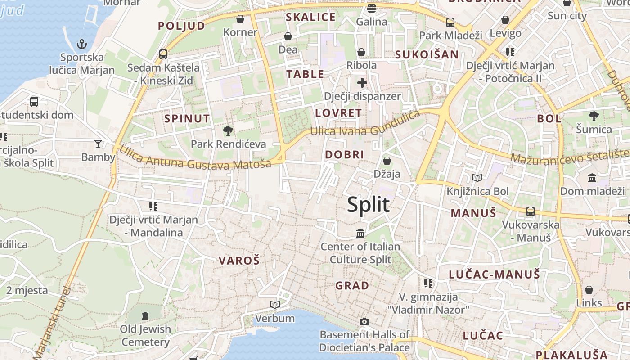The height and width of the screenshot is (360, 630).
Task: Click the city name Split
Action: point(368,205)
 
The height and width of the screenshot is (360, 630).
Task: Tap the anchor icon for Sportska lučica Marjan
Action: point(81,44)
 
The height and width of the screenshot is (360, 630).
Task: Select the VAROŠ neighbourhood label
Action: point(239,260)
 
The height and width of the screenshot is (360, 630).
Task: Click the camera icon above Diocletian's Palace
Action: point(364,321)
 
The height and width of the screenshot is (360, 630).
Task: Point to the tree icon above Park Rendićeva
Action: point(228,131)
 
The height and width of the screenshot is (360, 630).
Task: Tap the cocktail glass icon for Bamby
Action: point(98,144)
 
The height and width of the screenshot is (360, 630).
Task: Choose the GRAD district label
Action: point(352,285)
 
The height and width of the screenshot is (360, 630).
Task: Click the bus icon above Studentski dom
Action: point(34,101)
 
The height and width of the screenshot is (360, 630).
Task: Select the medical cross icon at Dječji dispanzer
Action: point(362,83)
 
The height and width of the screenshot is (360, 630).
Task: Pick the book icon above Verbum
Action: point(274,305)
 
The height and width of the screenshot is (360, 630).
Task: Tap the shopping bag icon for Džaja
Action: point(387,161)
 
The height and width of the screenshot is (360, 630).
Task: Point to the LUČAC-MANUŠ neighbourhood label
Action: point(494,274)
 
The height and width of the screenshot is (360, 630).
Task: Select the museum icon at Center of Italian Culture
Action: point(360,233)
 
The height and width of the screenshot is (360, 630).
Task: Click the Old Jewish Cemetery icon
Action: point(145,315)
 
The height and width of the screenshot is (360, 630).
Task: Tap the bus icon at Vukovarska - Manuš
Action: point(531,211)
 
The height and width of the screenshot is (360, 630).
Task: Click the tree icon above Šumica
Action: point(594,116)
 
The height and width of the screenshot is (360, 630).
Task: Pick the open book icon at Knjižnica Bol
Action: point(477,178)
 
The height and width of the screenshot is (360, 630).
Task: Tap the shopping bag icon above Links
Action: point(589,289)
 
